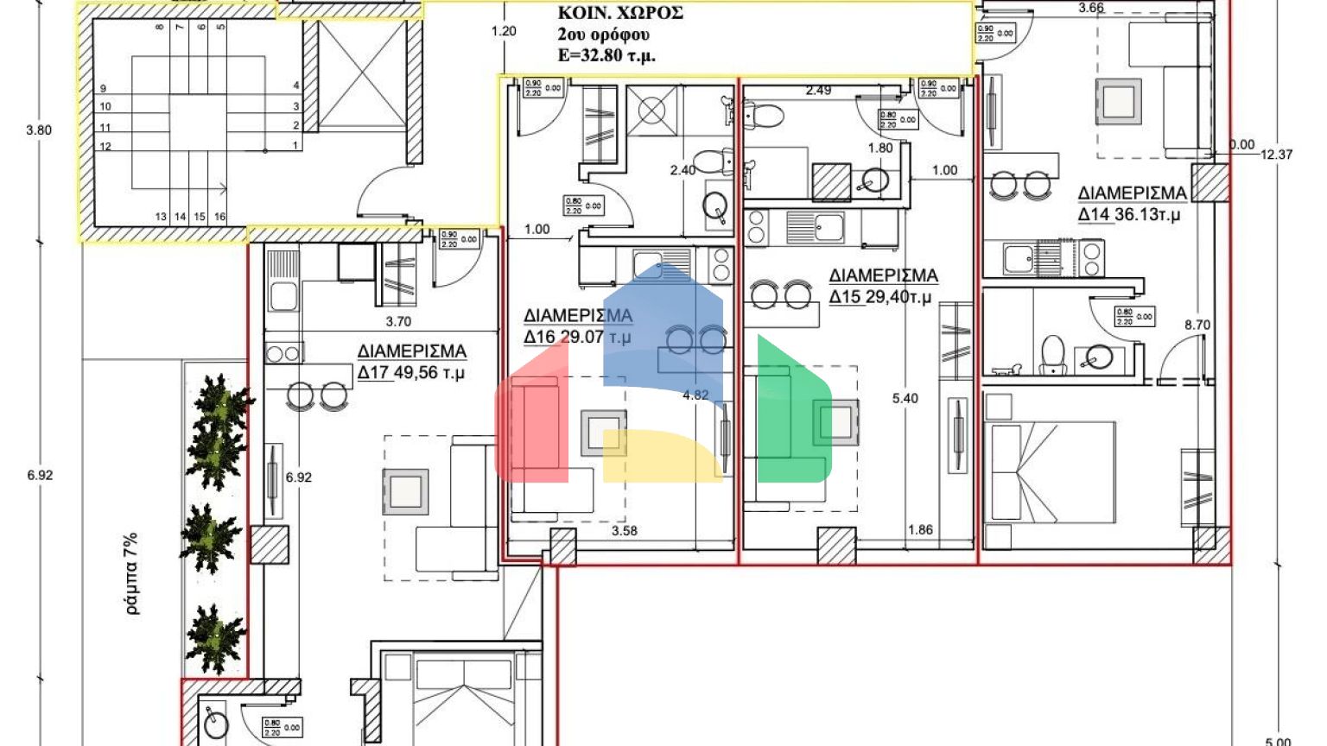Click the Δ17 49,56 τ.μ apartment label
[412, 362]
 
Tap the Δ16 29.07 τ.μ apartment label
[577, 326]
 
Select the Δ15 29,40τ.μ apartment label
[883, 286]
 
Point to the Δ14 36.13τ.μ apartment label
[1132, 204]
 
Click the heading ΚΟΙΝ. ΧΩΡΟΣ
[620, 13]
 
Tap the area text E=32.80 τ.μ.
[606, 56]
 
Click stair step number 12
[105, 147]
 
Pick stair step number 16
[219, 217]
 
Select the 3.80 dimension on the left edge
[39, 130]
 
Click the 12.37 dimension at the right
[1276, 155]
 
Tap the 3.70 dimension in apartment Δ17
[398, 321]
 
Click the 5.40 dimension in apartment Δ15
[905, 398]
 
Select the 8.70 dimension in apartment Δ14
[1197, 325]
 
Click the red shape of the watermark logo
[530, 414]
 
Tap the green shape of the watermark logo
[790, 414]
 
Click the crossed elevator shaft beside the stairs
[362, 76]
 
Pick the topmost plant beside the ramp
[222, 404]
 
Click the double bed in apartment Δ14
[1050, 471]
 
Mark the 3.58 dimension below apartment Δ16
[624, 531]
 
